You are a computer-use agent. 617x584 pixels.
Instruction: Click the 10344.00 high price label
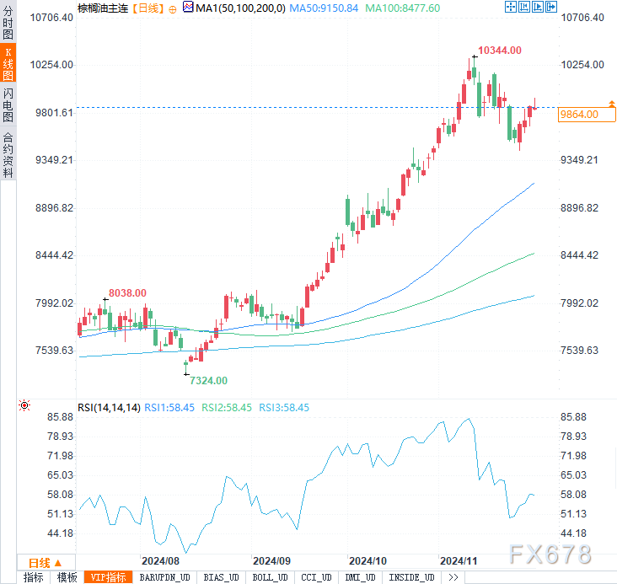(499, 51)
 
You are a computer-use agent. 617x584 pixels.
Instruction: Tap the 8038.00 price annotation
(127, 293)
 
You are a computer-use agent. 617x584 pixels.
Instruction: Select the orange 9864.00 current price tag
(578, 115)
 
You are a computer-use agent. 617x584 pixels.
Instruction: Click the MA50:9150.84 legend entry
(324, 8)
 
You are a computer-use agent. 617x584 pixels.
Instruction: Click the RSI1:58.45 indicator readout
(169, 407)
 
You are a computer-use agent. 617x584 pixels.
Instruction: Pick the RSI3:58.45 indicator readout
(284, 407)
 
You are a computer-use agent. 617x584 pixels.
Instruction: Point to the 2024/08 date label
(160, 560)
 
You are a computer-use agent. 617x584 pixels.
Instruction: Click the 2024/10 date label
(368, 560)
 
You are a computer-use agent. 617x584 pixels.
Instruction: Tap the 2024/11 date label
(459, 560)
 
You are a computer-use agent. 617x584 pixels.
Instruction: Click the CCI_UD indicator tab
(317, 577)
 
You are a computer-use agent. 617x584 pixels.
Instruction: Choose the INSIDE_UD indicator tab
(413, 577)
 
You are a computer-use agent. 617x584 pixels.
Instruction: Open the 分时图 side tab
(8, 21)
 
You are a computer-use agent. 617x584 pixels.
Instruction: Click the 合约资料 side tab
(8, 154)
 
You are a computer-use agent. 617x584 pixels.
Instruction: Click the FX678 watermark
(550, 554)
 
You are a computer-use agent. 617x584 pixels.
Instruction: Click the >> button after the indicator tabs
(453, 577)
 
